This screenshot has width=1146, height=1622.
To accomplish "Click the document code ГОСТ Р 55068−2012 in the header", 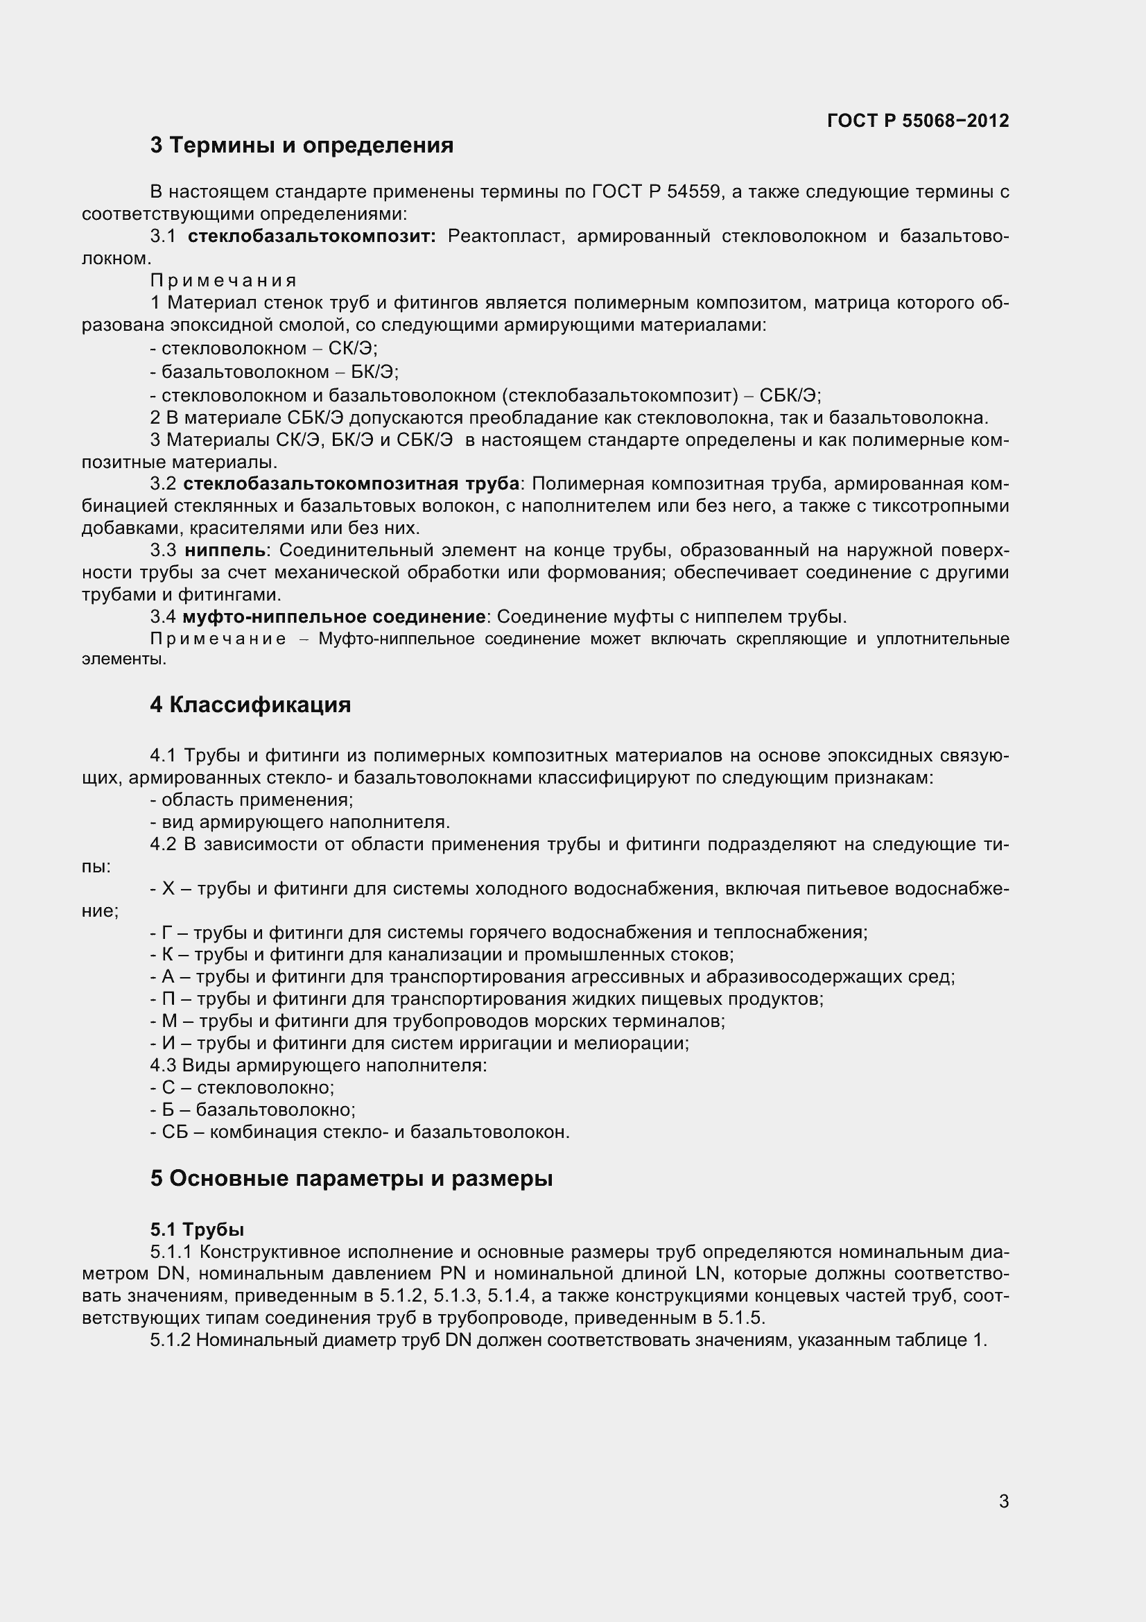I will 917,121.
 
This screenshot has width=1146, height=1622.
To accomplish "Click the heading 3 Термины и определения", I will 302,146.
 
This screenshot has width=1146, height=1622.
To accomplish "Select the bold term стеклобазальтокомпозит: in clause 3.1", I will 312,236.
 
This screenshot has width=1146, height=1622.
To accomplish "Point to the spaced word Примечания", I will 223,280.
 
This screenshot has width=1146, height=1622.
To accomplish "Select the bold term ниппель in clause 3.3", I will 225,550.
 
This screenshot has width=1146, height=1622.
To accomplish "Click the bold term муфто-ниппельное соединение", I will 333,616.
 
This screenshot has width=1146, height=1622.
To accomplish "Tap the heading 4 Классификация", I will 250,705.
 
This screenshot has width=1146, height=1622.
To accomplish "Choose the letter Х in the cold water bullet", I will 168,889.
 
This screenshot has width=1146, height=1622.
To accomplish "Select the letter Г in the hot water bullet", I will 167,933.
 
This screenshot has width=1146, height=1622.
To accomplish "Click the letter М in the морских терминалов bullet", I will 169,1021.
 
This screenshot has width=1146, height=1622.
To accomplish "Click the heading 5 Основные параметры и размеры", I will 351,1178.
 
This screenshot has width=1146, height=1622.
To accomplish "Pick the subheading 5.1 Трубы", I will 197,1230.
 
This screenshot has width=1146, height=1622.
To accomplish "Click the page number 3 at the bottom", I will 1003,1521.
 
